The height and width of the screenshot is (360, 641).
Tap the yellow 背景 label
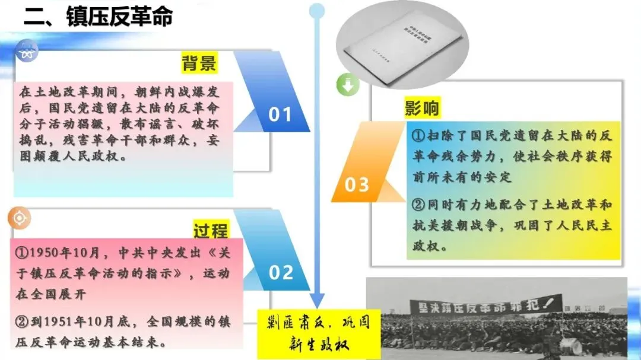(199, 63)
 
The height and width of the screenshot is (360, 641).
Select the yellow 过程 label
(211, 229)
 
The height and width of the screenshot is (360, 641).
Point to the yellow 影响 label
(423, 109)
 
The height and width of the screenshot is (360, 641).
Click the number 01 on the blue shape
(280, 114)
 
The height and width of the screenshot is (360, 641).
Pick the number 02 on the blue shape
(281, 273)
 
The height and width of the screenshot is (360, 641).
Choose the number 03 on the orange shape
(357, 185)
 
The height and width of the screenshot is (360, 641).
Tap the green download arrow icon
(348, 85)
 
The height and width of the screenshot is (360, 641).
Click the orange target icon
(19, 218)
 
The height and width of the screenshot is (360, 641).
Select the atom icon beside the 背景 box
(26, 50)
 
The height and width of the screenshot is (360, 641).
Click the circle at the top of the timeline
(318, 10)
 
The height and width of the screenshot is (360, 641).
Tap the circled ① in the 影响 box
(418, 136)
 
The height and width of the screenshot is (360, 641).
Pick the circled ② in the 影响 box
(418, 205)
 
